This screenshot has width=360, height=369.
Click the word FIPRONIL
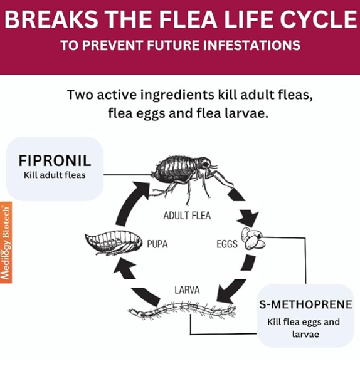(55, 160)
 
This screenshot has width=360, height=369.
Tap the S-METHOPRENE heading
(305, 304)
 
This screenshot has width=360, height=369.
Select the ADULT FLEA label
(187, 216)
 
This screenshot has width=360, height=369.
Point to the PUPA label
(157, 244)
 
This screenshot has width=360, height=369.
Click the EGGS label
(227, 244)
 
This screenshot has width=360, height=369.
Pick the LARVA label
(187, 290)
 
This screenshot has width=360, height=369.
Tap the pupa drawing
(114, 242)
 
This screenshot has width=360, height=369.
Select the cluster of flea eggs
(253, 239)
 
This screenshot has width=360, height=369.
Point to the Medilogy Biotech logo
(6, 242)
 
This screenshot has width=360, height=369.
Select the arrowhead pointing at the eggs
(248, 218)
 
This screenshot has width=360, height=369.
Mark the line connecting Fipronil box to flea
(127, 175)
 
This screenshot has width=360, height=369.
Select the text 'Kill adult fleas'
(55, 175)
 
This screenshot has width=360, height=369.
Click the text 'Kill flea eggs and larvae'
(304, 328)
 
